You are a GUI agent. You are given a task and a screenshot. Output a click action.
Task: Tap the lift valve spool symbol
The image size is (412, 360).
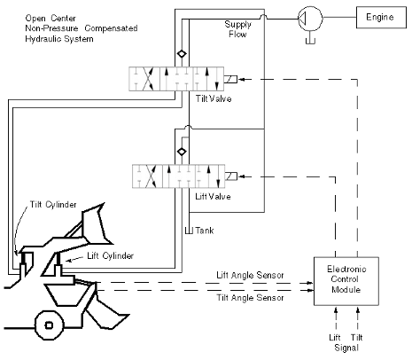178,175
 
